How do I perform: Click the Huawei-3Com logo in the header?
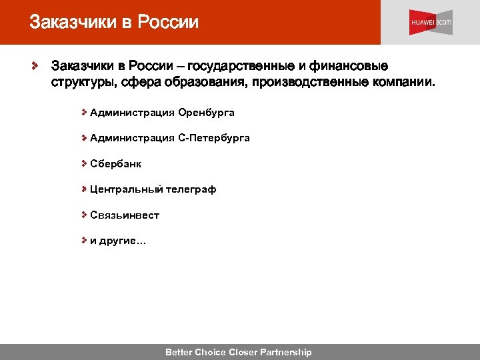(x=430, y=22)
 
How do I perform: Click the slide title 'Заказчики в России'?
(x=114, y=22)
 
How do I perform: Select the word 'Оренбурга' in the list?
(x=206, y=113)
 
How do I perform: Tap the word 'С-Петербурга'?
(x=214, y=138)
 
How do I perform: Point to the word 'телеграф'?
(x=191, y=189)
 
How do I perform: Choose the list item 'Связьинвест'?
(x=125, y=215)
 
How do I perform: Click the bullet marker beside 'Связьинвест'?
(x=85, y=215)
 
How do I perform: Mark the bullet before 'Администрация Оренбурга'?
(x=85, y=113)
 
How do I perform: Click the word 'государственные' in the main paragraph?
(x=237, y=67)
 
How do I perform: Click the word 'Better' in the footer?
(x=179, y=352)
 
